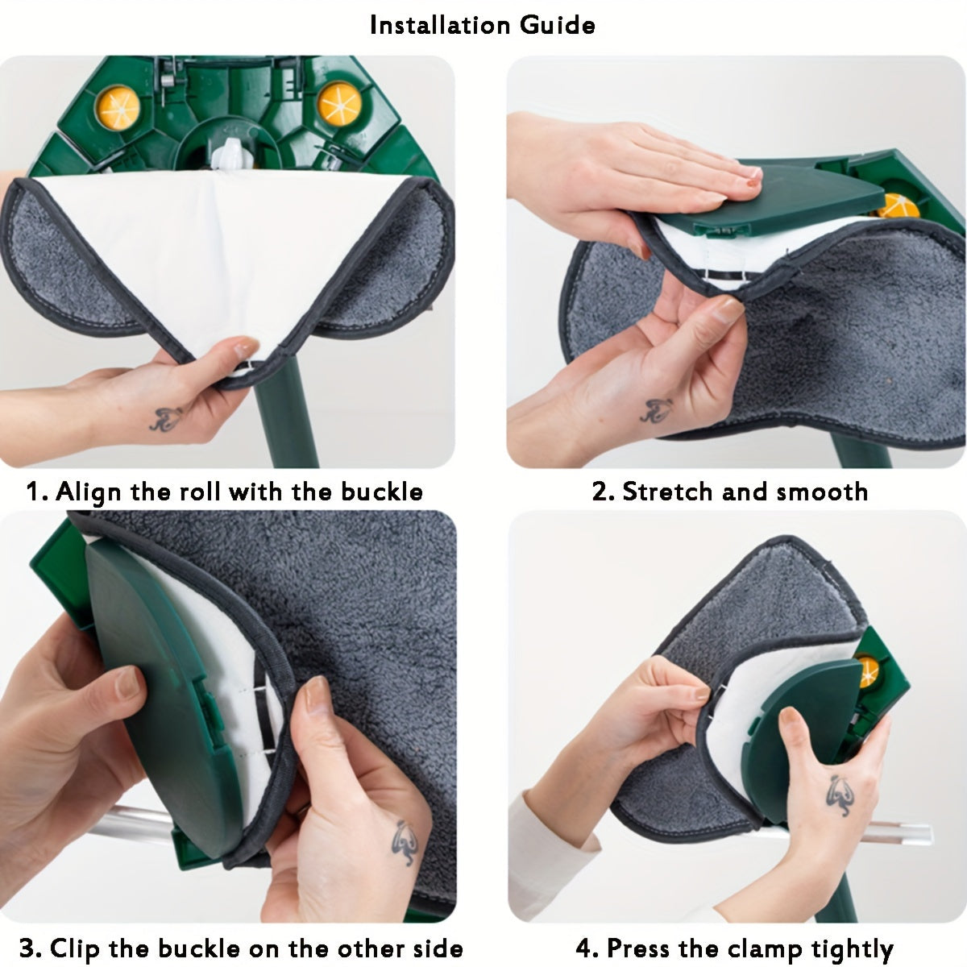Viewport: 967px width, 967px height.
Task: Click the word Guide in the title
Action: tap(558, 25)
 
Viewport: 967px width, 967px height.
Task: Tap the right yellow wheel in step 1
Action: tap(340, 104)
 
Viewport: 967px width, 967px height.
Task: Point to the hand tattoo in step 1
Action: tap(166, 418)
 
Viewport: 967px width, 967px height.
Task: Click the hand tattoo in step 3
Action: tap(405, 843)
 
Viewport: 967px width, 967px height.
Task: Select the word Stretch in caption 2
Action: tap(667, 492)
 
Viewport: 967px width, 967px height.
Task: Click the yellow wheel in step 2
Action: tap(899, 206)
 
